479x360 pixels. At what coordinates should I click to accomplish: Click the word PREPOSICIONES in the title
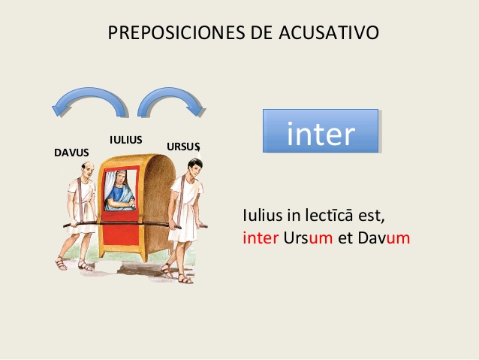[x=176, y=32]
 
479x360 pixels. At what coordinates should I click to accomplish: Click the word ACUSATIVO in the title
[x=329, y=32]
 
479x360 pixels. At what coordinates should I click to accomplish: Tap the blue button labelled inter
[x=321, y=131]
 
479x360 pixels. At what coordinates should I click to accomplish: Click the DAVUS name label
[x=71, y=153]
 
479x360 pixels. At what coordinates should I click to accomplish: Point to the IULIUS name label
[x=126, y=140]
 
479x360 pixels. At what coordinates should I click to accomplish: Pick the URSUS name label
[x=183, y=147]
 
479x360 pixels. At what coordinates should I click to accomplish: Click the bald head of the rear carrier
[x=88, y=169]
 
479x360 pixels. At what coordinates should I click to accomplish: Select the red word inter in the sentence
[x=261, y=238]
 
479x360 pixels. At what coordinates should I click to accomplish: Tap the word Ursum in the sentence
[x=309, y=238]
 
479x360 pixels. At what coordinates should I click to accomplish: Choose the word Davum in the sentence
[x=384, y=238]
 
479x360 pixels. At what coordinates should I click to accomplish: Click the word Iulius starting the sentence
[x=263, y=215]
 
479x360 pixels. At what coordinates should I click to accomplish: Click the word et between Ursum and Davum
[x=345, y=238]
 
